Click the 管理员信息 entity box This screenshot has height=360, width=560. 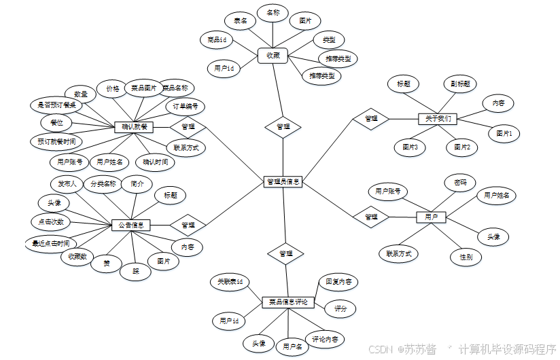[283, 181]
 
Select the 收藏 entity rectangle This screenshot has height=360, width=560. [273, 55]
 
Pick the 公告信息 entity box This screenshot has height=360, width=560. [130, 224]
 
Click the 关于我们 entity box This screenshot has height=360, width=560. [437, 119]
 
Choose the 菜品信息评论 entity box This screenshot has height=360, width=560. [288, 302]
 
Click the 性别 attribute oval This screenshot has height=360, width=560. [466, 257]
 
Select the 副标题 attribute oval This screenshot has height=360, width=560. [459, 84]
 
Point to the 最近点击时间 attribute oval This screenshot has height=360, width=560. [50, 243]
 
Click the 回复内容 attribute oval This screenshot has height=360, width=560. [338, 281]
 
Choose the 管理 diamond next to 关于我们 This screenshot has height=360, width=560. [371, 119]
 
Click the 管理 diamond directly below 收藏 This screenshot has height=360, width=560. [283, 126]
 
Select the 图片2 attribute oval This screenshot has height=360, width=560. [463, 147]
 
